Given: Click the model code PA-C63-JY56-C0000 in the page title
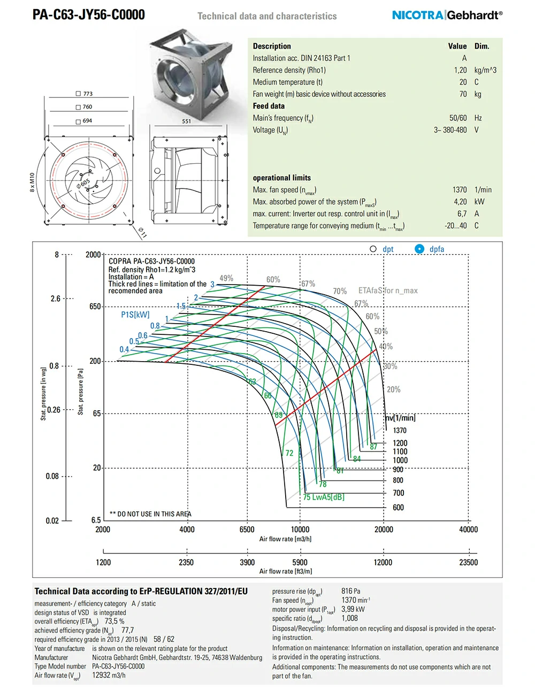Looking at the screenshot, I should click(x=88, y=14).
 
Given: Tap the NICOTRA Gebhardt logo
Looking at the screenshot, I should click(x=447, y=15).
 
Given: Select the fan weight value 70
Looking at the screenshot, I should click(x=463, y=94).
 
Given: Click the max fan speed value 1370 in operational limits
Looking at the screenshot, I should click(x=459, y=190).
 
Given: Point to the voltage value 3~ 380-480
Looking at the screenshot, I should click(x=450, y=130).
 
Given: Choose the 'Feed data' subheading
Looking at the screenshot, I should click(x=269, y=106).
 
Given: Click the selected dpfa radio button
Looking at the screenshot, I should click(x=419, y=249).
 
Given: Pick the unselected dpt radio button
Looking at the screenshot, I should click(x=373, y=249).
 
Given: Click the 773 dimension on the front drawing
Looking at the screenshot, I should click(x=88, y=94).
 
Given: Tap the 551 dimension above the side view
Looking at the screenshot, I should click(x=186, y=121).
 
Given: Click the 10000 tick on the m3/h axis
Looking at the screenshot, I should click(x=300, y=530).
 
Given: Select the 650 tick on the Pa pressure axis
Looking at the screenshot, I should click(x=95, y=307).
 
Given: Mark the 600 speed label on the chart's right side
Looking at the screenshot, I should click(x=398, y=508).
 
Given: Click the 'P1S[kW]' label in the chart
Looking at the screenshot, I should click(x=135, y=315).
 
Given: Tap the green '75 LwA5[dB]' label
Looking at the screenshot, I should click(x=324, y=497).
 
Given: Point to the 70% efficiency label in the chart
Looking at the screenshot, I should click(x=340, y=292).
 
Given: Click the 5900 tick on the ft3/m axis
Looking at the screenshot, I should click(x=300, y=562).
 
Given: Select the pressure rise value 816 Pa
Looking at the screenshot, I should click(x=350, y=591).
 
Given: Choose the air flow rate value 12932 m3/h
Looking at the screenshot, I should click(x=109, y=675).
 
